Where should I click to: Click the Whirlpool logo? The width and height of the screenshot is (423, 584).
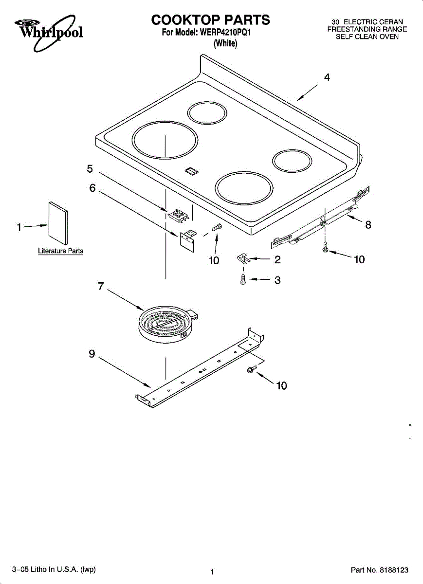(x=49, y=33)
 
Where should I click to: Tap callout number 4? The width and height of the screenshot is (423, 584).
(x=327, y=77)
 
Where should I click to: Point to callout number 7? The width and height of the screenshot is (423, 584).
(x=101, y=286)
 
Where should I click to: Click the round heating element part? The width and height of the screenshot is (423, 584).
(x=167, y=324)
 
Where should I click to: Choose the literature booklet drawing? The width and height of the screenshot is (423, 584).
(x=58, y=223)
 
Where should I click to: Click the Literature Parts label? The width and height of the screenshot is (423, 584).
(x=60, y=251)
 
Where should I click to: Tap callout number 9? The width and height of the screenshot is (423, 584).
(x=92, y=354)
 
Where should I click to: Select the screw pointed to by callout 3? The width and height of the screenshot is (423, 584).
(x=243, y=279)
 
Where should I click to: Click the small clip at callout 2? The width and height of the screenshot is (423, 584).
(x=243, y=259)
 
